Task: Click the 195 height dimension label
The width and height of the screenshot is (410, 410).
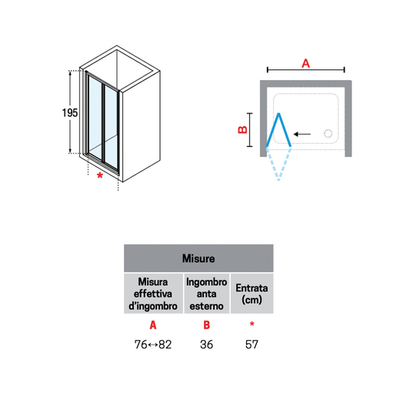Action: pyautogui.click(x=70, y=113)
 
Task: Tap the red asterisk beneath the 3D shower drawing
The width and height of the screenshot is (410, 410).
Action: pyautogui.click(x=100, y=175)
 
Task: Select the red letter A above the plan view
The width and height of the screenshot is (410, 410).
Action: pyautogui.click(x=305, y=63)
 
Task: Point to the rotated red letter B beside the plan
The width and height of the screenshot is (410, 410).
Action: pyautogui.click(x=242, y=130)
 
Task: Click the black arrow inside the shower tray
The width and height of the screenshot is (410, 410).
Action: pyautogui.click(x=302, y=134)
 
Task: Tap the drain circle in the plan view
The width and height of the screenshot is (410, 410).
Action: pyautogui.click(x=328, y=133)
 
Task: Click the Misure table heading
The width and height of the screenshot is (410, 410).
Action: pyautogui.click(x=198, y=258)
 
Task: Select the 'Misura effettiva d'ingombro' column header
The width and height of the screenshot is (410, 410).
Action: pyautogui.click(x=153, y=294)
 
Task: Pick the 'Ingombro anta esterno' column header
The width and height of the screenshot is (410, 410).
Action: pyautogui.click(x=207, y=294)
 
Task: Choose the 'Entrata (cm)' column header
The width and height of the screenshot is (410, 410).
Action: pyautogui.click(x=252, y=294)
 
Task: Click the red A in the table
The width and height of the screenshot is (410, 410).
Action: pyautogui.click(x=153, y=325)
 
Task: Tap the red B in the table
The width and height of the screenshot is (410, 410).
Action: pyautogui.click(x=207, y=325)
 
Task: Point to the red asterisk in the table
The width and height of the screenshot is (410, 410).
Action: pyautogui.click(x=252, y=324)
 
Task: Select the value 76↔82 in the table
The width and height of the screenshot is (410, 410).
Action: pyautogui.click(x=153, y=345)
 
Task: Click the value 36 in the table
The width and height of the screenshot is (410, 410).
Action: pyautogui.click(x=207, y=345)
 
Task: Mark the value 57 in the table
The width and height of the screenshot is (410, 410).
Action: pyautogui.click(x=252, y=345)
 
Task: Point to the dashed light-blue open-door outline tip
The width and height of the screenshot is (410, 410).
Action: pyautogui.click(x=278, y=180)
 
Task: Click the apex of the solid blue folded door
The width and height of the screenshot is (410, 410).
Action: pyautogui.click(x=279, y=114)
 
